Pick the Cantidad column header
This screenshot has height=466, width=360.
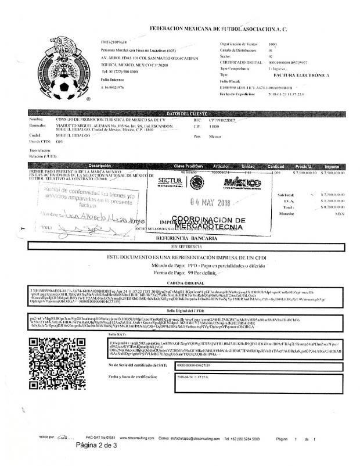(x=279, y=166)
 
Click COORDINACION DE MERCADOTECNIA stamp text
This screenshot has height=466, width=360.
(x=210, y=222)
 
